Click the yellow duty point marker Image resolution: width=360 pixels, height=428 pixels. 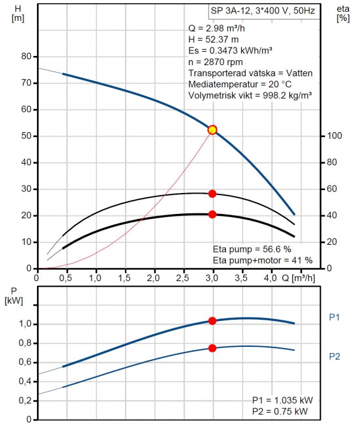coord(212,130)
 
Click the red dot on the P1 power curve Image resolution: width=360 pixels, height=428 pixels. coord(212,321)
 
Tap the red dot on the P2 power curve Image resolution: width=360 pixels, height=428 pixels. coord(212,348)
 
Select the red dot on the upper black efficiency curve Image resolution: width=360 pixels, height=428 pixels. coord(212,194)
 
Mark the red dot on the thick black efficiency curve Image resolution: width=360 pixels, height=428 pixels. coord(212,215)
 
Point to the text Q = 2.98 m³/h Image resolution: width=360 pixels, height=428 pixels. coord(217,28)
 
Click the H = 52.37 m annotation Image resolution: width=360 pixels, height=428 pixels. coord(214,39)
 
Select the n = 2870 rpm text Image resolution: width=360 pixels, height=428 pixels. coord(215,62)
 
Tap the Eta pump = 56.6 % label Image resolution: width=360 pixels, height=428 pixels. coord(252,249)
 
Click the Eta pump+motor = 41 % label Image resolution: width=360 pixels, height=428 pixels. coord(263,260)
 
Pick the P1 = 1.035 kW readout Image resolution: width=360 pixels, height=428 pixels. coord(282,400)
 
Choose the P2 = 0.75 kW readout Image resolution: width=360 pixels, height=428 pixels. coord(280,411)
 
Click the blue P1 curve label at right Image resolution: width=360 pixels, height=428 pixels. coord(334,317)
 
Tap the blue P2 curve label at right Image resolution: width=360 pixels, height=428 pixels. coord(334,357)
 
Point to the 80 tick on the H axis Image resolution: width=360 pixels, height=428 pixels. coord(26,56)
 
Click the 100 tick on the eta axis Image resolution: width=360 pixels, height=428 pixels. coord(334,136)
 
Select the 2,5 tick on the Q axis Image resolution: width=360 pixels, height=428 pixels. coord(182,278)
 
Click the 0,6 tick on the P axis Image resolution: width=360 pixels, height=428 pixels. coord(25,362)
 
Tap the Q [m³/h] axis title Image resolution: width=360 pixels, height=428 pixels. coord(298,278)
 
